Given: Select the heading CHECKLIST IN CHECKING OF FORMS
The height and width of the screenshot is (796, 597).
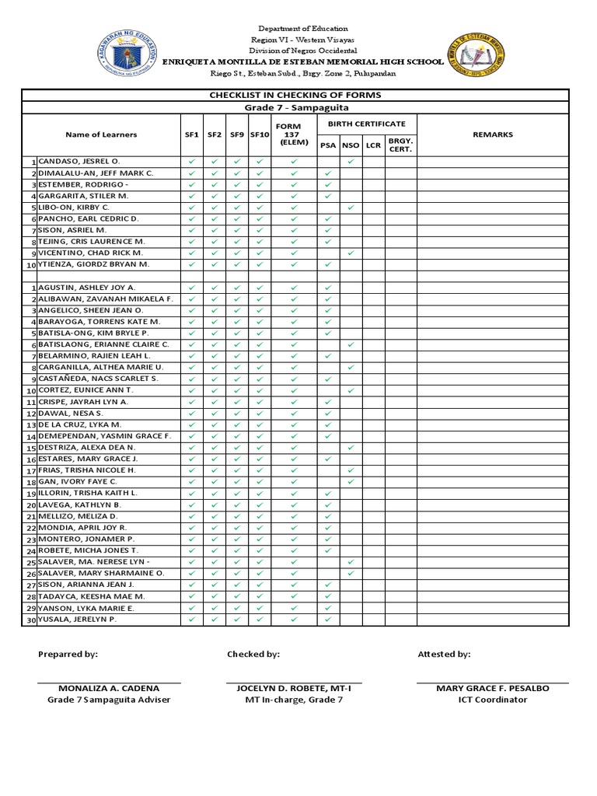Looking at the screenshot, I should (x=295, y=95).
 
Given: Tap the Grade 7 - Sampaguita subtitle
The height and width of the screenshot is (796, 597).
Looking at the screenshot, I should (x=295, y=107).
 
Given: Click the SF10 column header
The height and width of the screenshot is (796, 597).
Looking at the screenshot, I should (x=259, y=134).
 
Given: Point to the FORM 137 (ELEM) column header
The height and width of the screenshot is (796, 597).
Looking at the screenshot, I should (x=294, y=134).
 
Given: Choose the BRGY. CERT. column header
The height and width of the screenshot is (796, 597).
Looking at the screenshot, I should (x=400, y=145).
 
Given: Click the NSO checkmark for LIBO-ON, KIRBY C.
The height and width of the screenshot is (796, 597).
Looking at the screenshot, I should (x=351, y=208).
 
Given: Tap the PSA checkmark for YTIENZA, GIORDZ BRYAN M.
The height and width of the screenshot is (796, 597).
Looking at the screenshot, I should (x=328, y=264).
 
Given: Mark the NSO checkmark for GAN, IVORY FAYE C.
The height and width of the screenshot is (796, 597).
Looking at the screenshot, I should (x=351, y=482).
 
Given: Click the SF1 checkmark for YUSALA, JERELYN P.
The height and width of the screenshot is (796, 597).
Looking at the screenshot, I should (x=191, y=619).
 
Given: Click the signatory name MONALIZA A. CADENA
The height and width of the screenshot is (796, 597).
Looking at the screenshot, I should (x=109, y=688).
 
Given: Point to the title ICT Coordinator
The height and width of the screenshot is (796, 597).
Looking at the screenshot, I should (x=492, y=700).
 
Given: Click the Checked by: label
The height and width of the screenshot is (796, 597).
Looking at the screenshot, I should (x=253, y=655).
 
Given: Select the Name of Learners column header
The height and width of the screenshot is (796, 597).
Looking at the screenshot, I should (x=101, y=134).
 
